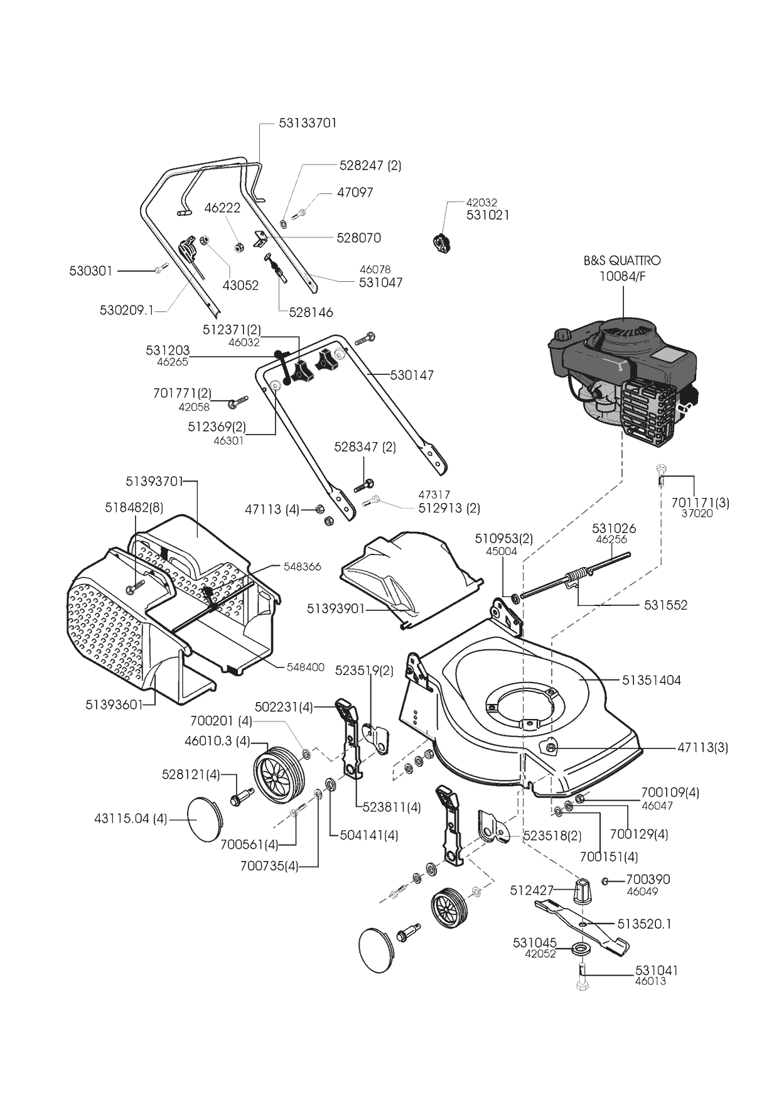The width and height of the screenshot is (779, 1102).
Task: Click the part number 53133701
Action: click(x=308, y=123)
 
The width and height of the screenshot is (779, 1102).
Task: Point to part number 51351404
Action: click(x=652, y=680)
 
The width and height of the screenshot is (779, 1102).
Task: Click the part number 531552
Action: click(x=665, y=605)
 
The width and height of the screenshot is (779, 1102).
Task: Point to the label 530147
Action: click(x=412, y=375)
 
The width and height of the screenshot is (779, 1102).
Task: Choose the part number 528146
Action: click(x=311, y=312)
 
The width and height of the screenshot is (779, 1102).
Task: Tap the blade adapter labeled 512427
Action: click(x=584, y=891)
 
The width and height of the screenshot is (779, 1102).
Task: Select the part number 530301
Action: click(x=90, y=271)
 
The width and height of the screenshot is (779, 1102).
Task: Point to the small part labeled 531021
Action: click(x=442, y=243)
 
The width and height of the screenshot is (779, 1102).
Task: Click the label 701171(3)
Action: click(x=700, y=503)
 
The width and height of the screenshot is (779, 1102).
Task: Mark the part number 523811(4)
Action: click(x=387, y=808)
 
